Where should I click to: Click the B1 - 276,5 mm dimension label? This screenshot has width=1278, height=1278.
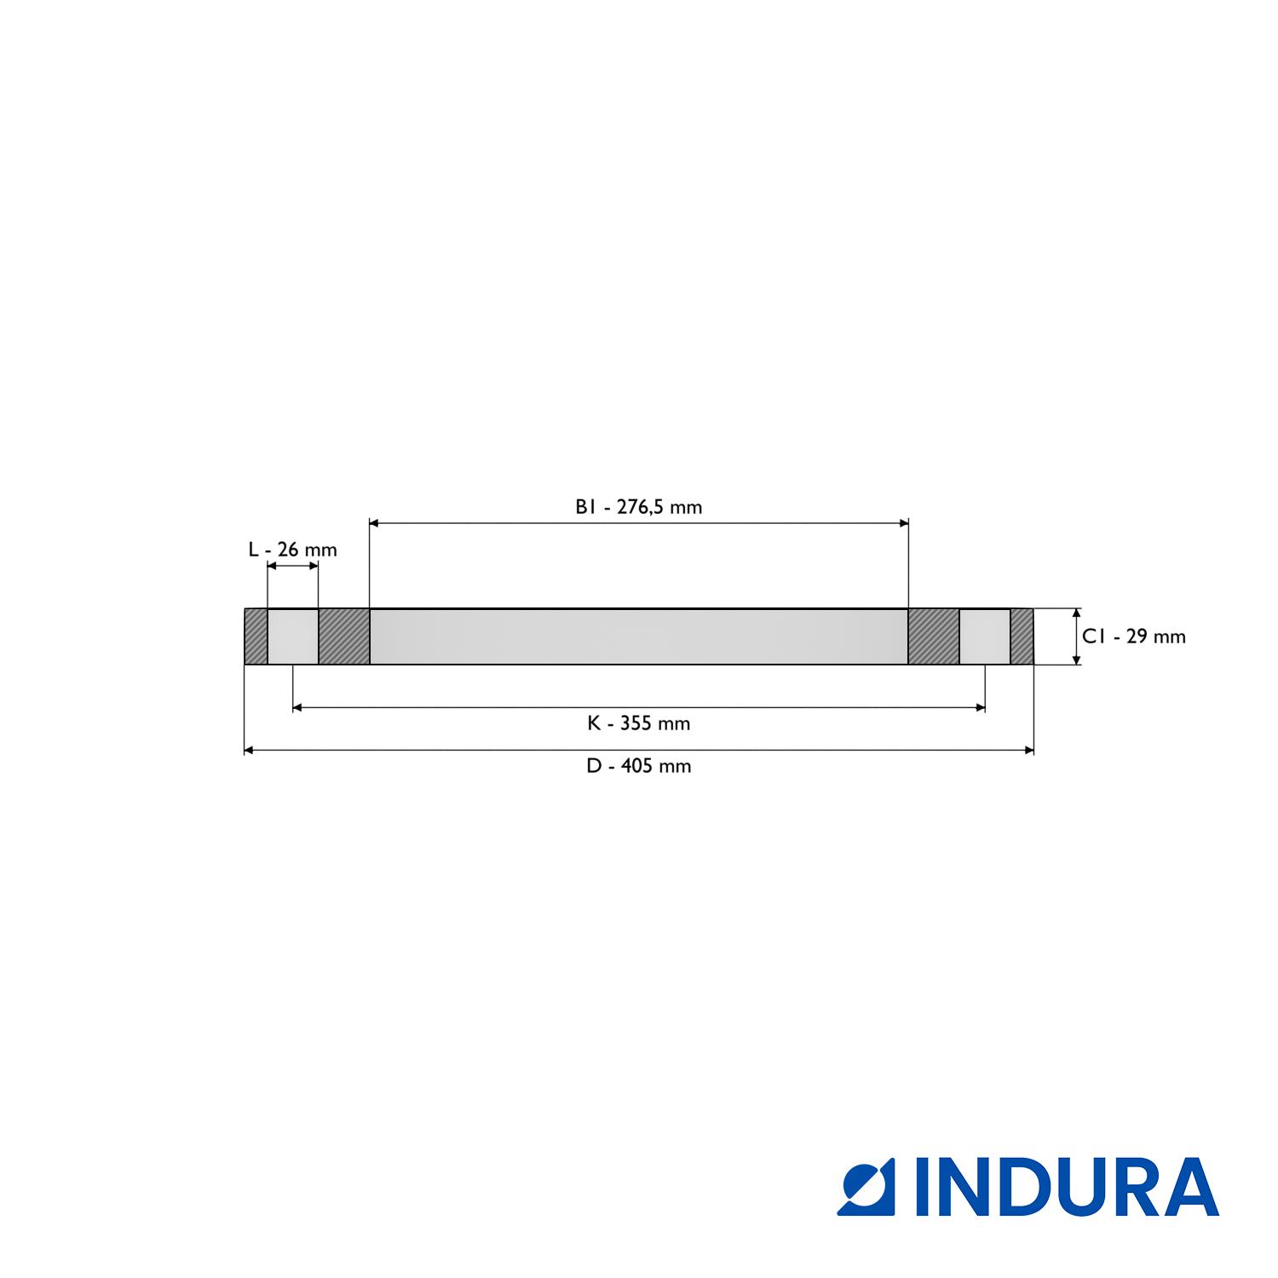coord(638,508)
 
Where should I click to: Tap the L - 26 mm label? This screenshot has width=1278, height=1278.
coord(292,550)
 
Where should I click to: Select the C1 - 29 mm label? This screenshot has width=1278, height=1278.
coord(1133,636)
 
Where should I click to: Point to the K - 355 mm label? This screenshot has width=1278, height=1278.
coord(638,724)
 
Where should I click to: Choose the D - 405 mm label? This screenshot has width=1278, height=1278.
coord(638,767)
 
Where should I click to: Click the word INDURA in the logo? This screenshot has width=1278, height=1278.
coord(1068,1187)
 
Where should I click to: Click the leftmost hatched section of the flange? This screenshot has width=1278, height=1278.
coord(256,636)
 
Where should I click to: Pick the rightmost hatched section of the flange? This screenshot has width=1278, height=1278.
coord(1022,636)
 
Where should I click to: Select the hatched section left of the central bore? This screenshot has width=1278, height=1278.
coord(344,636)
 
